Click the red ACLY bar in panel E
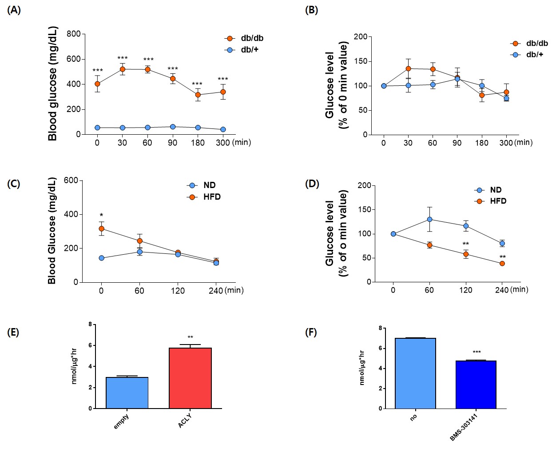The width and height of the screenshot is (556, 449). point(190,378)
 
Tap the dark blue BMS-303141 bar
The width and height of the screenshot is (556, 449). point(476,385)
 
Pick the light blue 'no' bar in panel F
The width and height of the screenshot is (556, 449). point(415,373)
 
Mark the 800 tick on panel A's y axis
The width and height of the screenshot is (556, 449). point(74,34)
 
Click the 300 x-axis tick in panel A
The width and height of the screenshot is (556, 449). point(223,143)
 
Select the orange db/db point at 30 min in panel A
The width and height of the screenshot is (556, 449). point(123,69)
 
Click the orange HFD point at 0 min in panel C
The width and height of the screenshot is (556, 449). point(102,229)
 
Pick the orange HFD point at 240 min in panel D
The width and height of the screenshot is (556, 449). point(502,264)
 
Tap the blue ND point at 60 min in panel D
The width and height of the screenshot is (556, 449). point(429,219)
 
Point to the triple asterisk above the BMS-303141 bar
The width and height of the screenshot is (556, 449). point(477,353)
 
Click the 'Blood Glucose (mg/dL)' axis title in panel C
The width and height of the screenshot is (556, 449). point(52,231)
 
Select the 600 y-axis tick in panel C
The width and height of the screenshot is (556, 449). point(71,180)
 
